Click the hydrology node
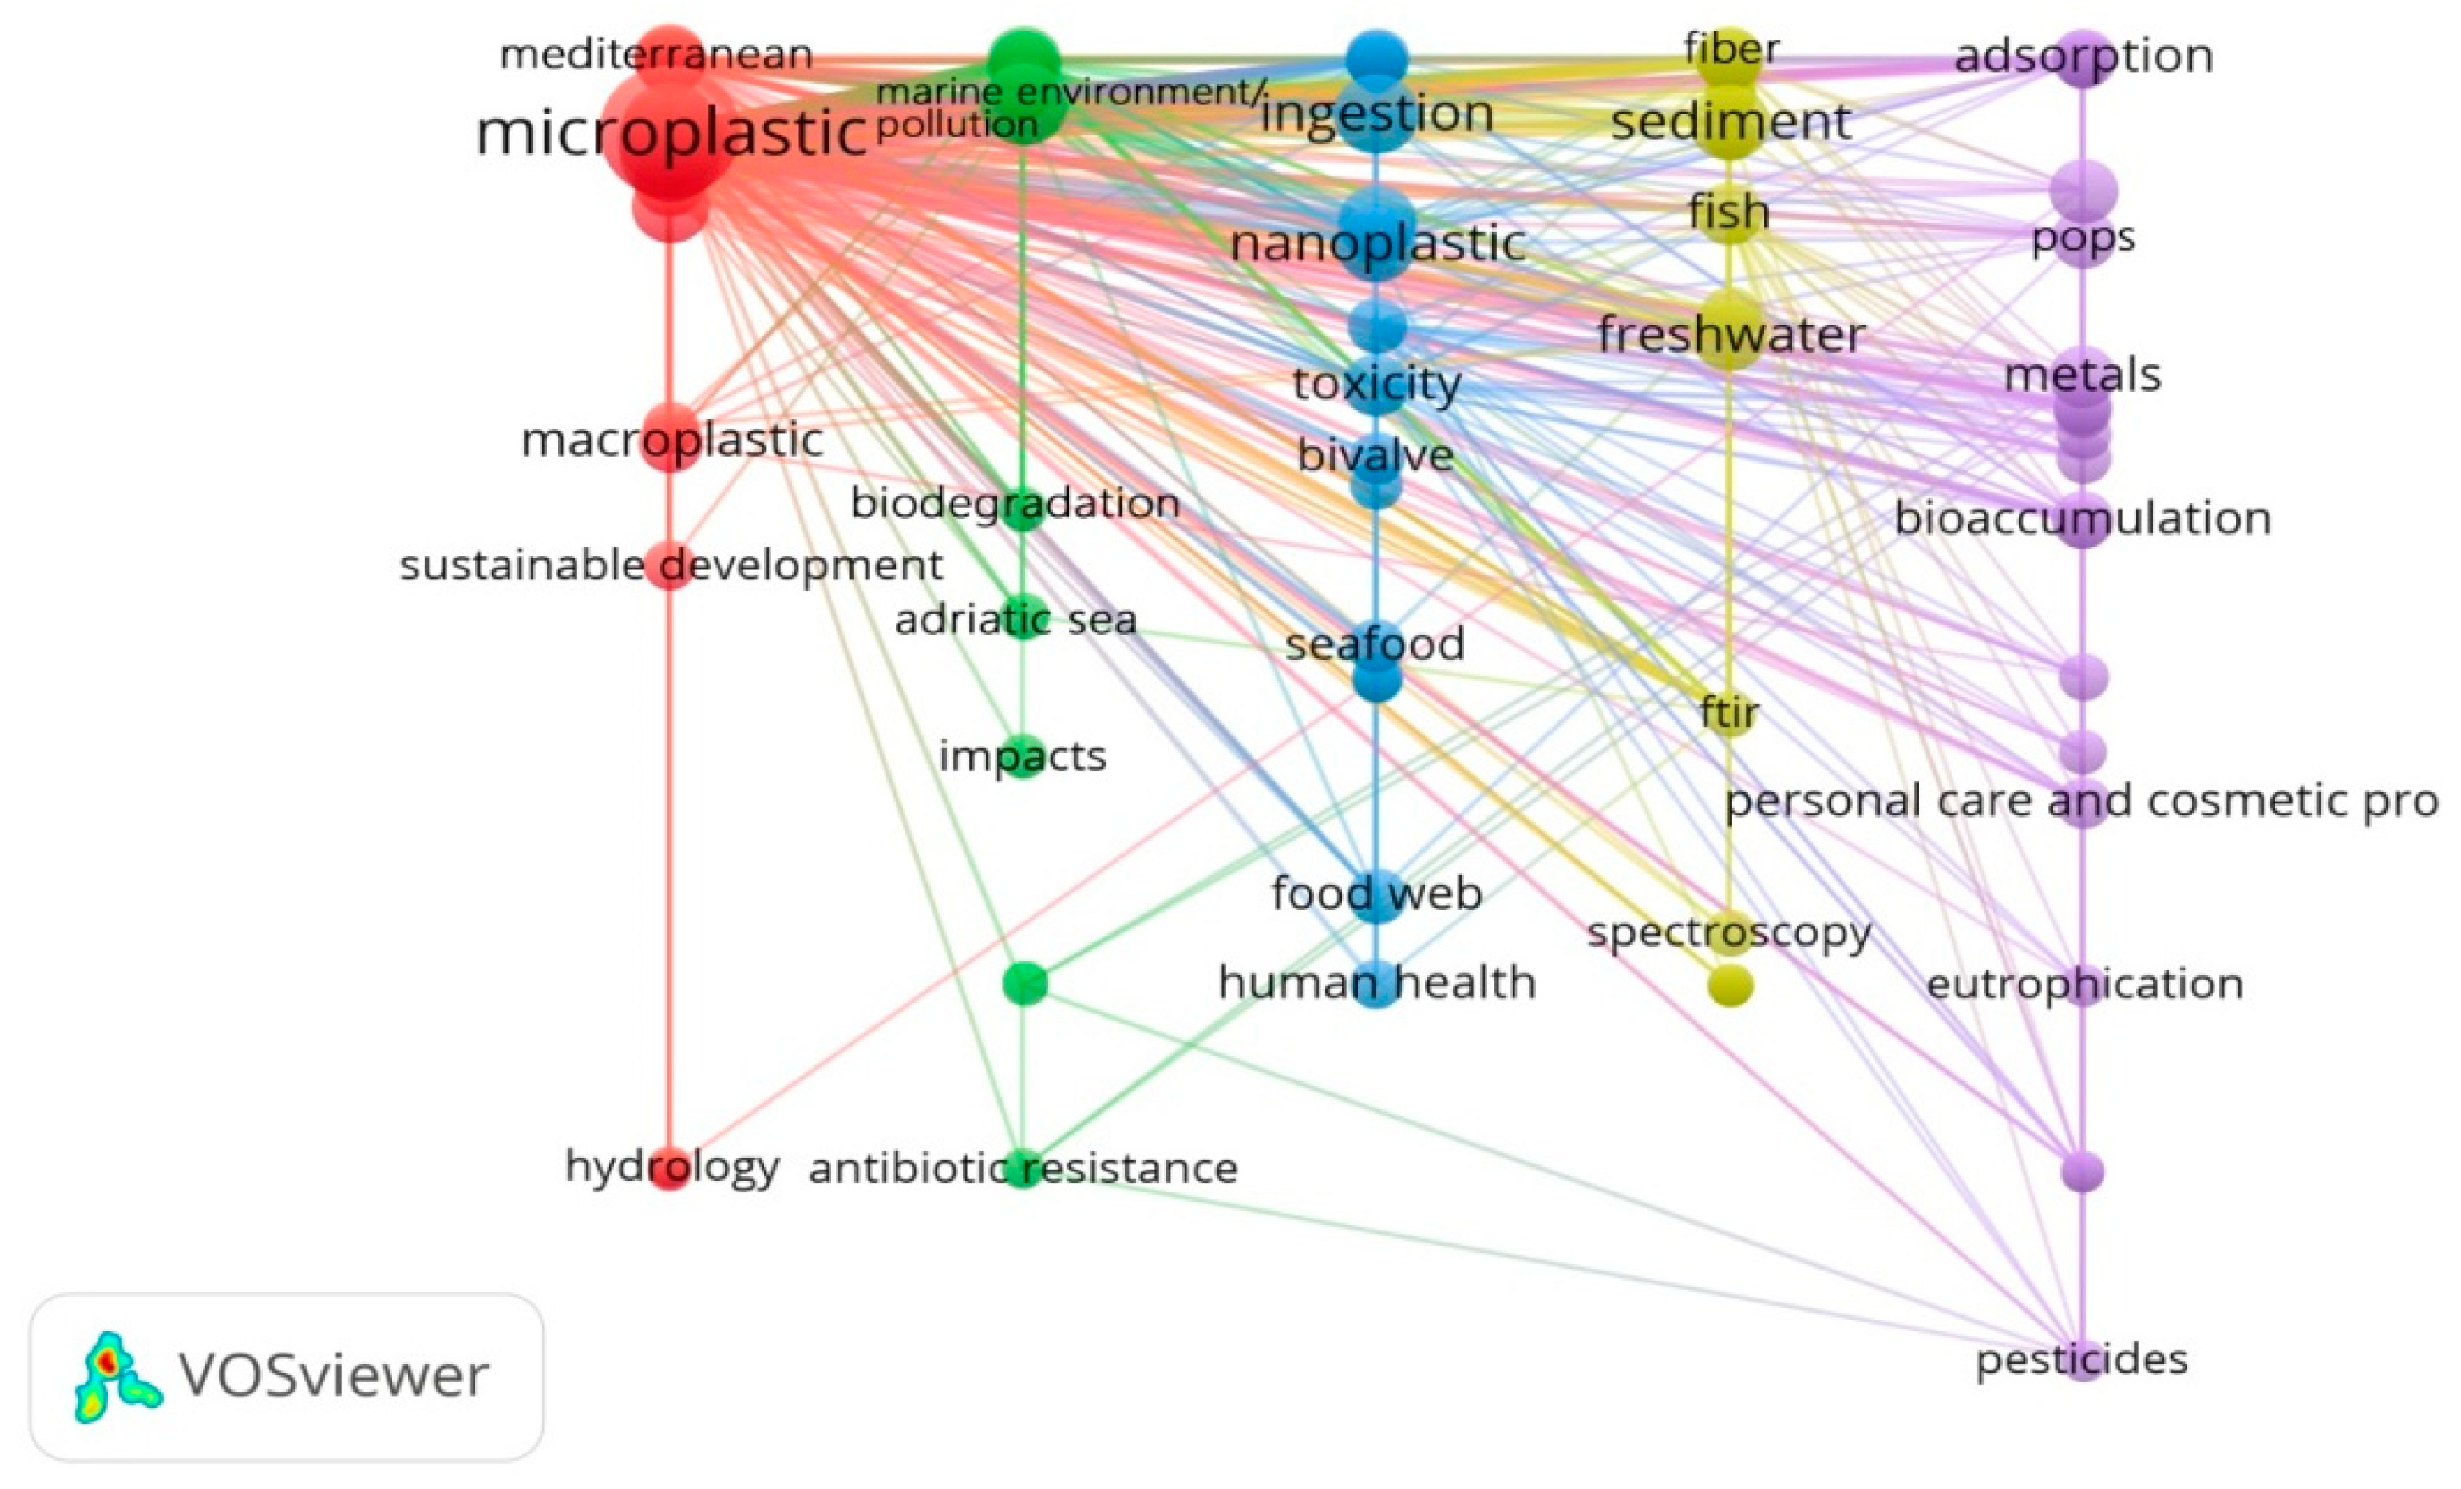coord(670,1169)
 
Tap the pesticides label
coord(2081,1359)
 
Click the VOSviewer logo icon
coord(116,1377)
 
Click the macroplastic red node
coord(670,437)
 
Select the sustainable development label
coord(670,565)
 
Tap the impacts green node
coord(1023,756)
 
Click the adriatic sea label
coord(1016,619)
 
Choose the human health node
coord(1376,984)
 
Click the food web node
coord(1376,892)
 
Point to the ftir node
coord(1729,713)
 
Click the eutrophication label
coord(2085,984)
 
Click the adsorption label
coord(2083,56)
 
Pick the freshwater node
coord(1729,332)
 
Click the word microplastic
coord(670,133)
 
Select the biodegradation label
coord(1014,503)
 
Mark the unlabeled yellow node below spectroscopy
coord(1730,986)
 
